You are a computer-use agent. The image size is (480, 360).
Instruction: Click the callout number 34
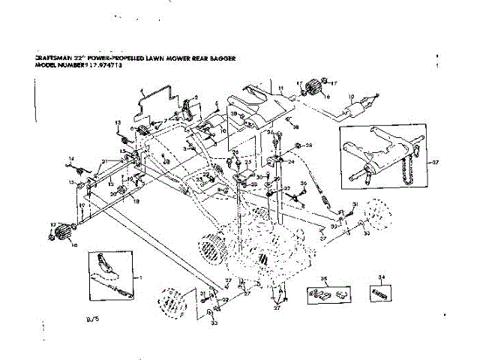[383, 277]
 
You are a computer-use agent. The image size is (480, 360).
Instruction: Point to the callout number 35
[325, 278]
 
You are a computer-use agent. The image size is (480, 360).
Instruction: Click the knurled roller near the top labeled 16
[314, 91]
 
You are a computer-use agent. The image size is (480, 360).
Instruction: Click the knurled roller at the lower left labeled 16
[62, 230]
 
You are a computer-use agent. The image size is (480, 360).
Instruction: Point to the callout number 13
[117, 122]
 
